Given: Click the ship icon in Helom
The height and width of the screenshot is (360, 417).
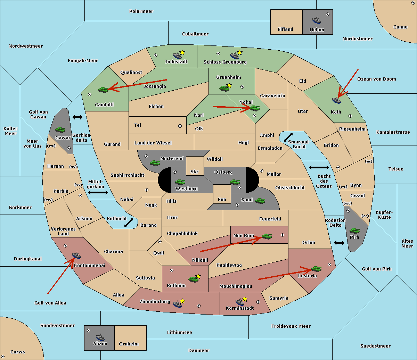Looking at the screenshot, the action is tap(317, 20).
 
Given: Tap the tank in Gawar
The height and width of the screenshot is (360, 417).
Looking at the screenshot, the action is tap(60, 130).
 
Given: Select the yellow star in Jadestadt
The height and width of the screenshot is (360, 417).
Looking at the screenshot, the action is tap(182, 53).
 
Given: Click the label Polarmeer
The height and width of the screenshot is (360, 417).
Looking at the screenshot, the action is tap(141, 11).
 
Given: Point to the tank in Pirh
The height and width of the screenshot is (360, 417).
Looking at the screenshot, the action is tap(354, 231).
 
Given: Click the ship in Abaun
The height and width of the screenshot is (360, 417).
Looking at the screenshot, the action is tap(100, 337).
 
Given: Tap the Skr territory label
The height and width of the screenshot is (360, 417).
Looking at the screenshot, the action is tap(195, 171).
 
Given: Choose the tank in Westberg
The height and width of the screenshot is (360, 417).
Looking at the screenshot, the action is tap(180, 182).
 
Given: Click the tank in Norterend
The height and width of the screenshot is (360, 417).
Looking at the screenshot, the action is tap(155, 163).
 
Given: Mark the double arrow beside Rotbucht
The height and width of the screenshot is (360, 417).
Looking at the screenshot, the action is tap(129, 223).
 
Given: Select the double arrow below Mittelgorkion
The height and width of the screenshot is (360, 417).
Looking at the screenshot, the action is tap(98, 192).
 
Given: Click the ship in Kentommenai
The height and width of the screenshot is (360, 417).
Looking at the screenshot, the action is tap(76, 255).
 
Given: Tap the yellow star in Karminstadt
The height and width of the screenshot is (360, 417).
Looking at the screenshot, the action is tap(245, 299).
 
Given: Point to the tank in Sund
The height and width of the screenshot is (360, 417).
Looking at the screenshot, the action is tap(260, 201).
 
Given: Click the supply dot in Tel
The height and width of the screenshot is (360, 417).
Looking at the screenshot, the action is tap(180, 126).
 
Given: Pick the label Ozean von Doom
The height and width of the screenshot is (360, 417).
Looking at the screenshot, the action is tap(377, 79).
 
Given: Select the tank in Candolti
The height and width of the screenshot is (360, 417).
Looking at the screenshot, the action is tap(103, 90).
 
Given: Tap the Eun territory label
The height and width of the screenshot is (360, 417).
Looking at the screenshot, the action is tap(222, 199).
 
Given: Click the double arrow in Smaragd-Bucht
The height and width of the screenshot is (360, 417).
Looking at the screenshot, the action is tap(288, 137).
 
